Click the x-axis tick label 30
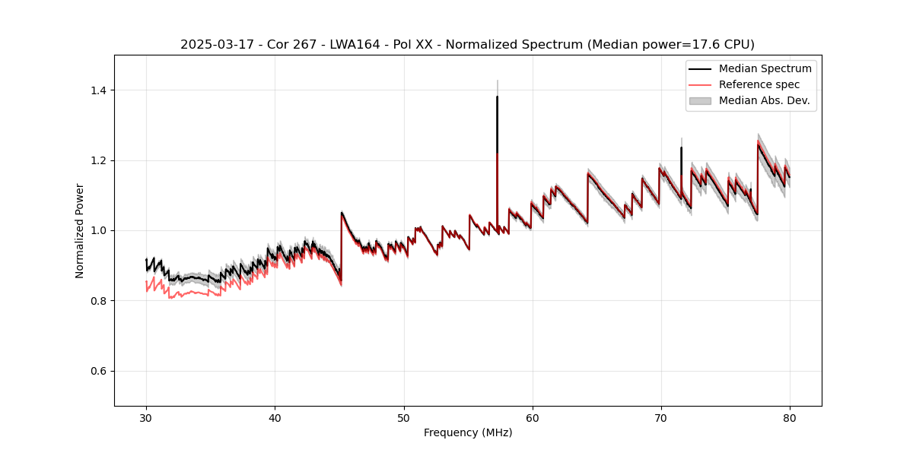146,417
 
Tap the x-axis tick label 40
275,417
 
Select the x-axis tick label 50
403,417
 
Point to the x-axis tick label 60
533,417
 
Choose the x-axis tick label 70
661,417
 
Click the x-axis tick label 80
790,417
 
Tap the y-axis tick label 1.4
98,90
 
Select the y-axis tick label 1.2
98,160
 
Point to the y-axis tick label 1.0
98,231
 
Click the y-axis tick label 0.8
98,301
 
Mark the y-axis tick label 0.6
98,371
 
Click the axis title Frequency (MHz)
468,432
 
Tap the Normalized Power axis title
80,230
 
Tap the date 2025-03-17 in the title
213,45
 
